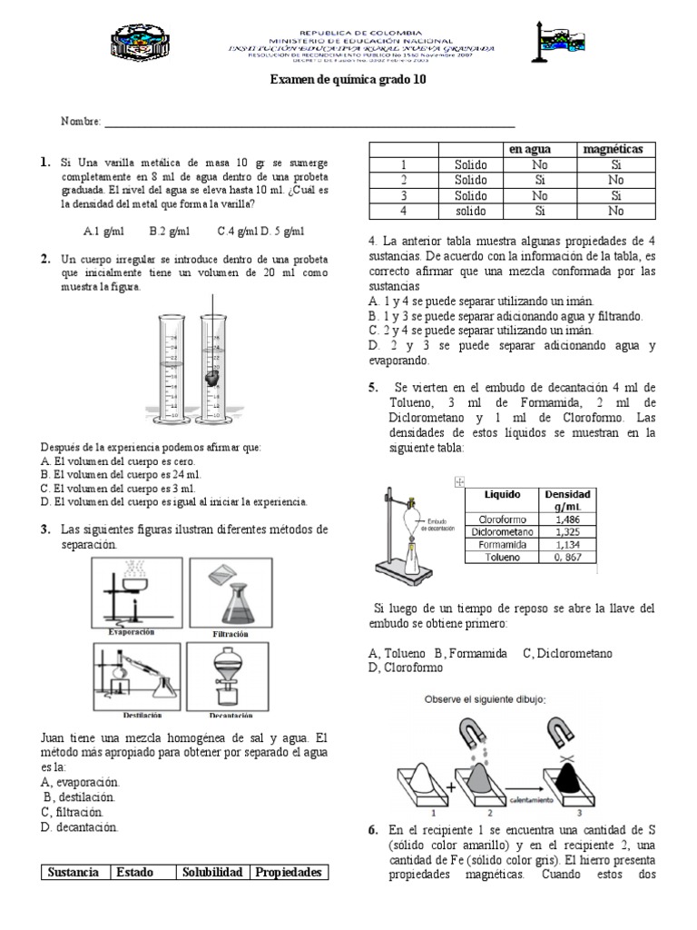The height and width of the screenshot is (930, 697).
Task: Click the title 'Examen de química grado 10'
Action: [x=348, y=79]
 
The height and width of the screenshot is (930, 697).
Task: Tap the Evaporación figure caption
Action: [x=131, y=630]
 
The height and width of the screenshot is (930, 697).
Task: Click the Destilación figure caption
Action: [x=131, y=715]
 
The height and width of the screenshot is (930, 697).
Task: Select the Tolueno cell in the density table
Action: [x=502, y=557]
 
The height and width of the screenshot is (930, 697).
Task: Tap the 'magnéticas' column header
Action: [x=613, y=149]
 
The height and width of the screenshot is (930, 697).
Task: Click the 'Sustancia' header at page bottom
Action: [x=74, y=872]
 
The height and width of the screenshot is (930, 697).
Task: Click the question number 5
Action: [x=373, y=387]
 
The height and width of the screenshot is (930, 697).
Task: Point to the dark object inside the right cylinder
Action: [x=212, y=375]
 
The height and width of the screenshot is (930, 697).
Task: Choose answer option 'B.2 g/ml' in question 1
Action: [x=168, y=231]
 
